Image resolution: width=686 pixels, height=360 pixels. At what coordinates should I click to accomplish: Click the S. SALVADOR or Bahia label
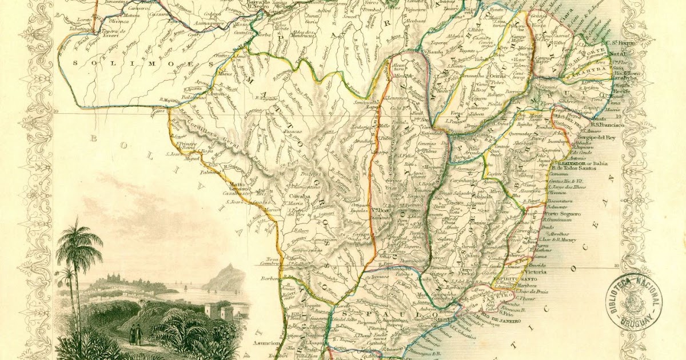[583, 162]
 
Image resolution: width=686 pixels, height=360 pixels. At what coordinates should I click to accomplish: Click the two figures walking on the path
[135, 334]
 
